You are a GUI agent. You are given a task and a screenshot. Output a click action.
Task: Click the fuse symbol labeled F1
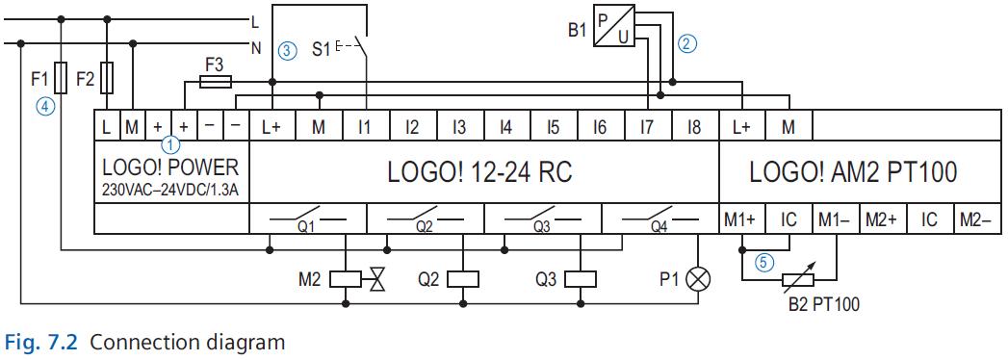pos(62,75)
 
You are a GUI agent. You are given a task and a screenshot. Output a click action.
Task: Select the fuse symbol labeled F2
pos(107,75)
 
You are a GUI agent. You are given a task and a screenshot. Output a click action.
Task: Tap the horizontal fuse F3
pos(214,83)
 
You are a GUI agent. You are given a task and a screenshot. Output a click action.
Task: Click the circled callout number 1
pos(170,145)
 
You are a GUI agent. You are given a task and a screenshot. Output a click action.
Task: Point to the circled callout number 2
pos(686,42)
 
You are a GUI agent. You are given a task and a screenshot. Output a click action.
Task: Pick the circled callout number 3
pos(287,50)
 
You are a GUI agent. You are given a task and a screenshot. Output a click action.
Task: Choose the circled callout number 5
pos(763,259)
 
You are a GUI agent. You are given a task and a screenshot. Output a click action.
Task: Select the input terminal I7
pos(646,126)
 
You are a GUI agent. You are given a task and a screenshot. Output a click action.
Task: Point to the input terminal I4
pos(505,126)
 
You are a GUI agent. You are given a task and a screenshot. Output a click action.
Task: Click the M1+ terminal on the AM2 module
pos(741,220)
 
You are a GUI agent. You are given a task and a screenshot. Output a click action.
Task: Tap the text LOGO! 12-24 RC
pos(478,173)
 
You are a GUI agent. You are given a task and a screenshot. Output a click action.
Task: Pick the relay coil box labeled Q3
pos(581,280)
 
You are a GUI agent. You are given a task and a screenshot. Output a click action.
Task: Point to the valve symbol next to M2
pos(376,280)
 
